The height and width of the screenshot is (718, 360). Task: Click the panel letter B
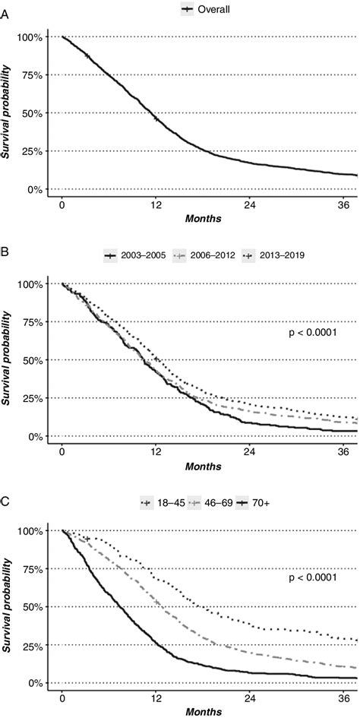tap(5, 268)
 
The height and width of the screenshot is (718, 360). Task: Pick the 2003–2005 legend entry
tap(134, 255)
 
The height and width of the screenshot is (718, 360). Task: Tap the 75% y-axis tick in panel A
tap(36, 75)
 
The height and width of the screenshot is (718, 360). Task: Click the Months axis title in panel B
tap(203, 464)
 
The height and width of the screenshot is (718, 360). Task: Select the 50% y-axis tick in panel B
tap(36, 360)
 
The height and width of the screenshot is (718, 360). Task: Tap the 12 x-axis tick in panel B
tap(156, 451)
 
